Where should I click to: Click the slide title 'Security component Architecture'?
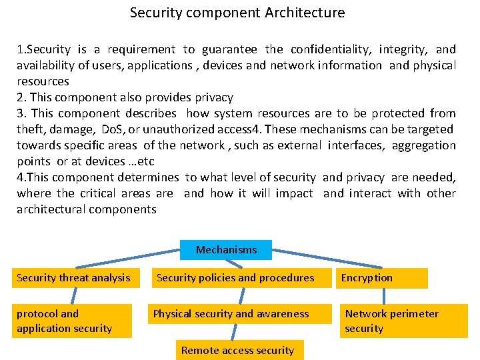tap(237, 13)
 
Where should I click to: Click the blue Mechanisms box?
tap(226, 250)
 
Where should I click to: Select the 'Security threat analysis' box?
tap(74, 278)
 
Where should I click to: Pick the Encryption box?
tap(381, 278)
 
